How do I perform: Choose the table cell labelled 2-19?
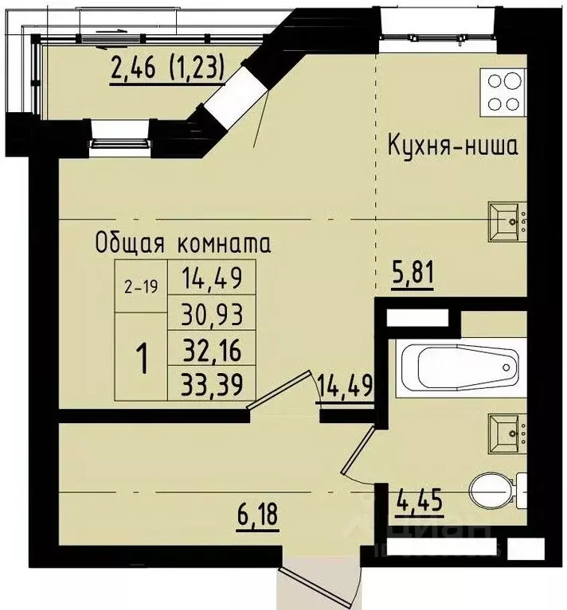tap(141, 289)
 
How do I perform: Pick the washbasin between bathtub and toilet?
tap(506, 430)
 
